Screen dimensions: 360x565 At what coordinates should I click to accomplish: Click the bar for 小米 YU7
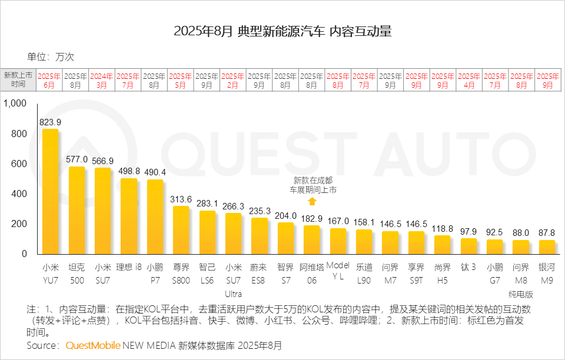pos(50,191)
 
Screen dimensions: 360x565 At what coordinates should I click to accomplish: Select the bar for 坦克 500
pos(77,210)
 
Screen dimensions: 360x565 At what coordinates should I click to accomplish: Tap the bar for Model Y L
pos(338,241)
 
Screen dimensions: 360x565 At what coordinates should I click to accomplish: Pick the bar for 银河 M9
pos(547,247)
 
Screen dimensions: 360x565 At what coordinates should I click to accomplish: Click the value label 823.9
pos(50,122)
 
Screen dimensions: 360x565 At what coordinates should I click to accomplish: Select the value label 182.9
pos(312,218)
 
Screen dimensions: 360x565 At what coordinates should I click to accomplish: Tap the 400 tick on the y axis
pos(19,194)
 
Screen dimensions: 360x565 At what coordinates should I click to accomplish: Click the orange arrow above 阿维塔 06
pos(312,201)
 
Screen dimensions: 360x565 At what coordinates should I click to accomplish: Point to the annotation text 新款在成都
pos(312,181)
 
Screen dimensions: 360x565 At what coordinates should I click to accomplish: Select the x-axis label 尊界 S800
pos(181,274)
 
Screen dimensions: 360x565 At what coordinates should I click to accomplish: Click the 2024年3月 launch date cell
pos(102,81)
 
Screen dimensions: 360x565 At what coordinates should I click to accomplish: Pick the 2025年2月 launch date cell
pos(233,81)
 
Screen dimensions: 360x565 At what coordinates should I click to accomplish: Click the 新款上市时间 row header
pos(18,81)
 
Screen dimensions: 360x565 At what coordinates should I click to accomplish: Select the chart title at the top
pos(282,32)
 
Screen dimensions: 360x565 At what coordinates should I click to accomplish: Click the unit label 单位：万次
pos(51,57)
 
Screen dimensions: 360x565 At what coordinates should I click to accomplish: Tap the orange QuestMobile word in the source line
pos(93,345)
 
